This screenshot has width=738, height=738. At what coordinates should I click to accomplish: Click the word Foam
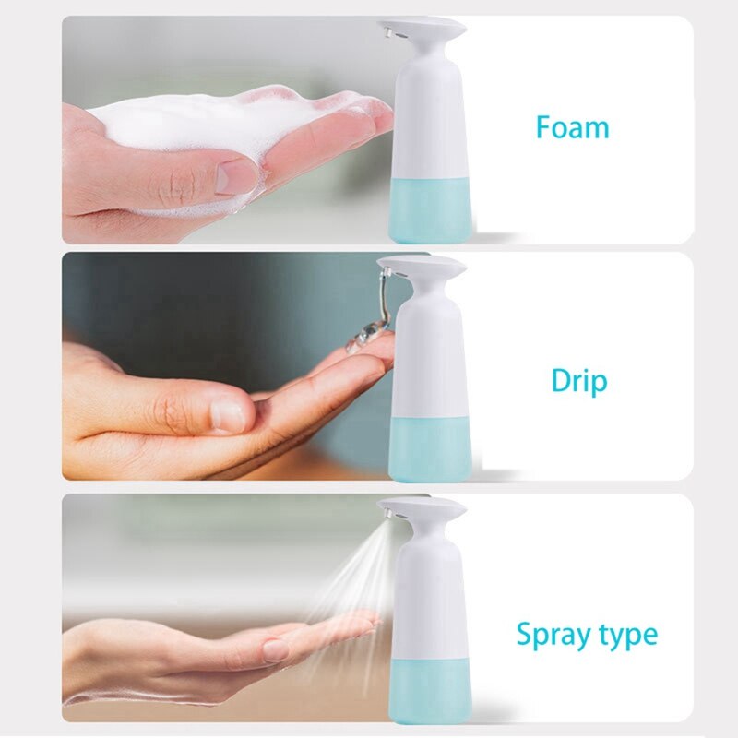click(572, 126)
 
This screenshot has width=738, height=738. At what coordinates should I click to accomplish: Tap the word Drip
click(579, 379)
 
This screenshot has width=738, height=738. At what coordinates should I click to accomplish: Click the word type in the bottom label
click(626, 636)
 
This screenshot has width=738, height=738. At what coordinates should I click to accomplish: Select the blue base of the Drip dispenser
click(432, 447)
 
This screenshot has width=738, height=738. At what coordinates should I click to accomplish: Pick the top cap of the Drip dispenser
click(424, 268)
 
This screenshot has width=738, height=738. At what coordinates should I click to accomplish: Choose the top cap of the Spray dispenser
click(424, 508)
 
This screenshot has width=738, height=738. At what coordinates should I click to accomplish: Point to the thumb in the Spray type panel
click(277, 649)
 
